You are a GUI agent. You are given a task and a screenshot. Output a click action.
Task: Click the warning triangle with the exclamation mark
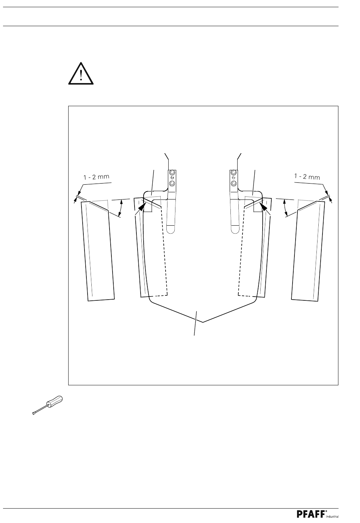pos(81,74)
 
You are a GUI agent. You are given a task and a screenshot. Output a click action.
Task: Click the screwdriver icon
pos(47,405)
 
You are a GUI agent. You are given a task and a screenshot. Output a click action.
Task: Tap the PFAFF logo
pos(310,514)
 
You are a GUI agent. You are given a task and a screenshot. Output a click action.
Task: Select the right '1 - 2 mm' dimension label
pos(307,177)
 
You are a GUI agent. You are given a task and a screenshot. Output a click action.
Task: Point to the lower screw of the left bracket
pos(172,184)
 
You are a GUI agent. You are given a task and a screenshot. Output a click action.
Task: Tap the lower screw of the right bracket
pos(234,184)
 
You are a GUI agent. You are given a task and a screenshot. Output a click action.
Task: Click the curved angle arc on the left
pos(121,208)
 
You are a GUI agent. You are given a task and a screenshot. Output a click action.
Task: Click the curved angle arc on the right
pos(285,208)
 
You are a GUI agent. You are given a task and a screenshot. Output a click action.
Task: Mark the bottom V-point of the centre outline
pos(203,322)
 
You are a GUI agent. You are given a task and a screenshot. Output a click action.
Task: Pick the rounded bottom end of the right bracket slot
pos(235,229)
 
